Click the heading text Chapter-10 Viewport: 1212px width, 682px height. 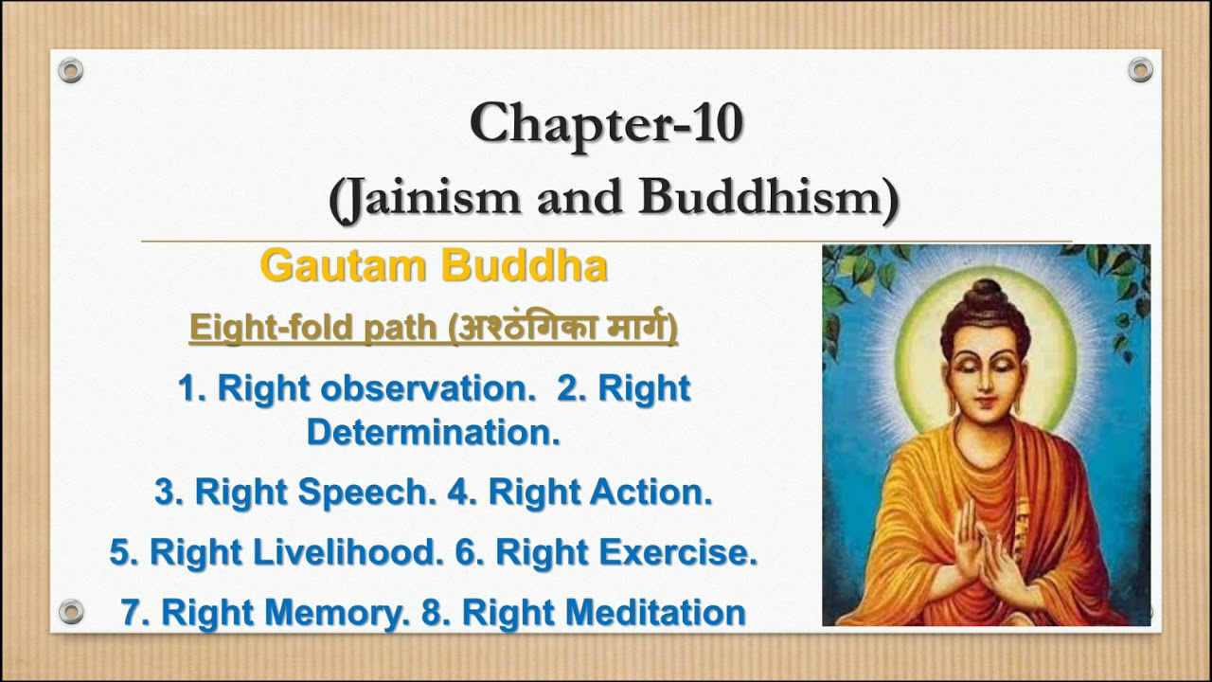(606, 124)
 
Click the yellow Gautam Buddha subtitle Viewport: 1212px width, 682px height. (434, 266)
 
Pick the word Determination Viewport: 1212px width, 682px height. (433, 432)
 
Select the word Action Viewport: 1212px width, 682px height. (651, 493)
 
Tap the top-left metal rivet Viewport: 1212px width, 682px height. (71, 70)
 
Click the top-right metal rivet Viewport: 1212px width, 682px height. (1140, 70)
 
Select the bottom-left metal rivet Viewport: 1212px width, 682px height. (71, 611)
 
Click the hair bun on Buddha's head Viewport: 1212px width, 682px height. (986, 293)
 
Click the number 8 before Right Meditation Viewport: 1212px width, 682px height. (432, 613)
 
